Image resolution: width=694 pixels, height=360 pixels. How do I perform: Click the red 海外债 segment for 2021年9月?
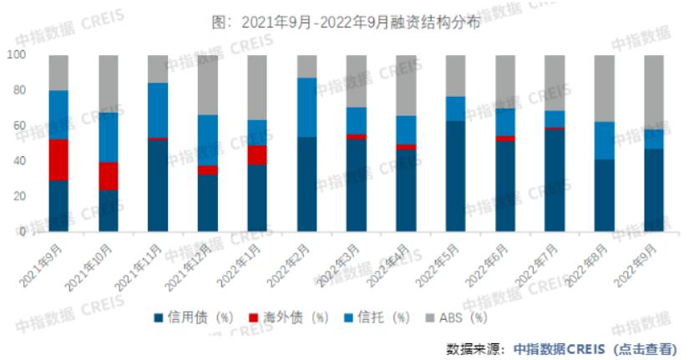click(58, 160)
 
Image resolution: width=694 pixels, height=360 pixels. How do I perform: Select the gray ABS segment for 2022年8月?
click(604, 89)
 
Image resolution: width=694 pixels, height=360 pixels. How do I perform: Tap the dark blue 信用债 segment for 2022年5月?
click(455, 176)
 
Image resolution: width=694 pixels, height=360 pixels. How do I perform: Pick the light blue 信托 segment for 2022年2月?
click(306, 107)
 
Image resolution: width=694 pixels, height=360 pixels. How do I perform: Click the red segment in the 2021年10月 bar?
click(109, 176)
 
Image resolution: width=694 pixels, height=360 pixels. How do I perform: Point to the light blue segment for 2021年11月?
click(158, 109)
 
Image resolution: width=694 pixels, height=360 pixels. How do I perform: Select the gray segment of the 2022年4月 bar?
click(406, 85)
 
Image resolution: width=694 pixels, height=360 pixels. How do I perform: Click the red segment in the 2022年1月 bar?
click(257, 155)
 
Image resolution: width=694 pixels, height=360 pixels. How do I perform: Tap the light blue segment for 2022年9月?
click(654, 139)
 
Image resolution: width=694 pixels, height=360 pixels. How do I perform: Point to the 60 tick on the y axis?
click(19, 126)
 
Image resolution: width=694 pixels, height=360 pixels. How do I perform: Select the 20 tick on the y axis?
click(19, 197)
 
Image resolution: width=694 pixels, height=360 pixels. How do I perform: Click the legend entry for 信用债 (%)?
click(191, 317)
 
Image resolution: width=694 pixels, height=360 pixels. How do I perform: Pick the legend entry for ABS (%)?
click(456, 317)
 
